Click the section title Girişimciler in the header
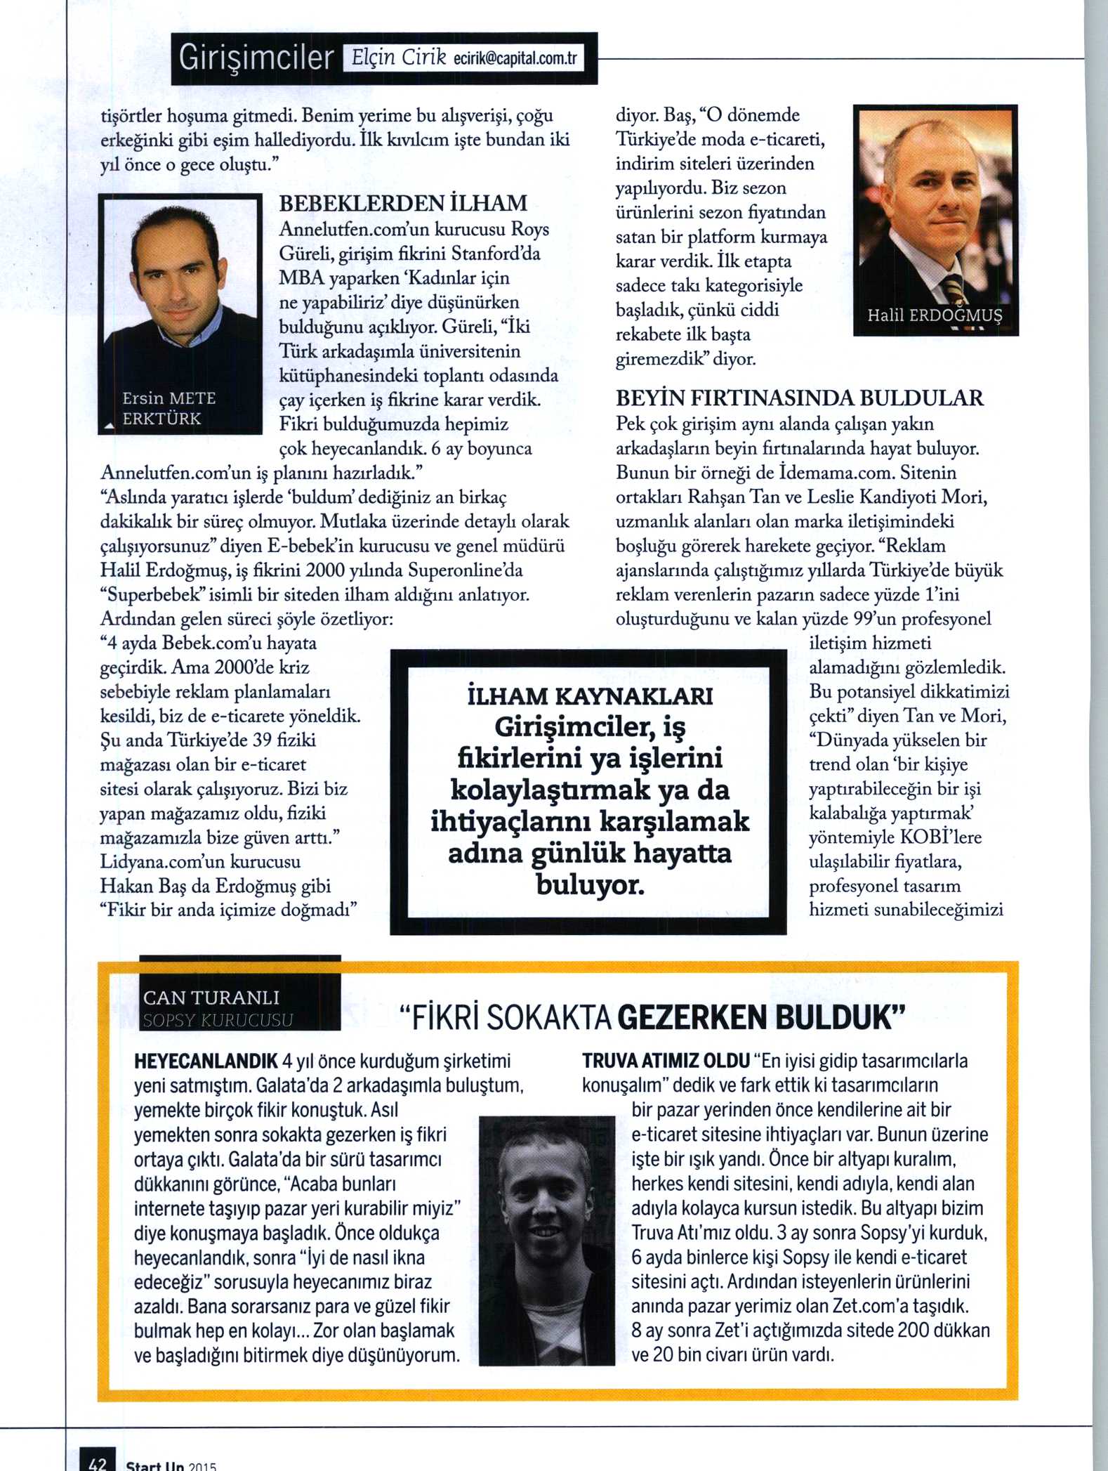pyautogui.click(x=256, y=58)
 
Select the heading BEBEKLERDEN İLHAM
pyautogui.click(x=403, y=204)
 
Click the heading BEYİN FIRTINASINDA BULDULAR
pyautogui.click(x=800, y=398)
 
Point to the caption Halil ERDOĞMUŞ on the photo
pyautogui.click(x=935, y=315)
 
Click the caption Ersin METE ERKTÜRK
pyautogui.click(x=169, y=408)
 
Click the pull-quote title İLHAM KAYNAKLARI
pyautogui.click(x=590, y=696)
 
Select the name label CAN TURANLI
pyautogui.click(x=211, y=998)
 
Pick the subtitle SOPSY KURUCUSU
pyautogui.click(x=218, y=1020)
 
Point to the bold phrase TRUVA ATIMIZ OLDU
pyautogui.click(x=666, y=1061)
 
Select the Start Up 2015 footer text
pyautogui.click(x=171, y=1465)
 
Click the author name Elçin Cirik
pyautogui.click(x=398, y=58)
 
